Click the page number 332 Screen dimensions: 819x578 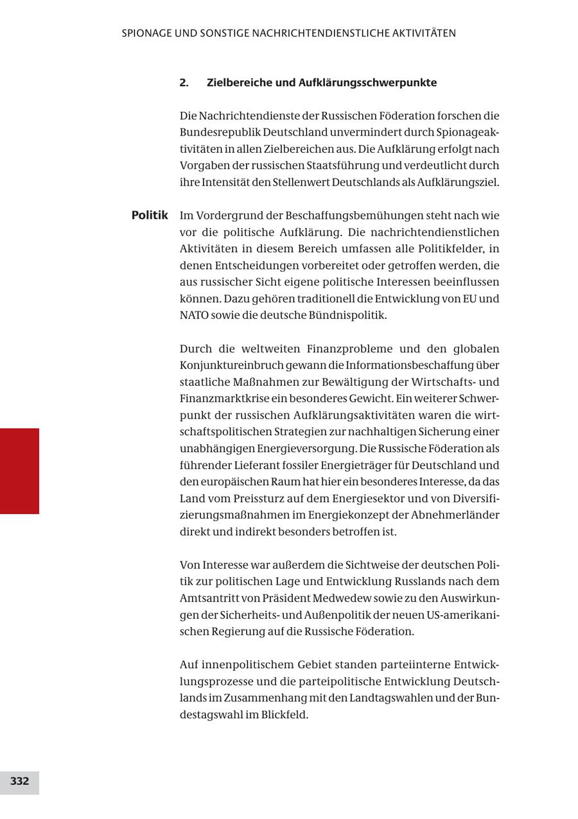pos(19,781)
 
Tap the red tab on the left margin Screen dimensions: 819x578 pos(19,470)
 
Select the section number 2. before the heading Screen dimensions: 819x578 pos(184,83)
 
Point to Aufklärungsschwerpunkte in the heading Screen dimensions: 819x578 pos(367,83)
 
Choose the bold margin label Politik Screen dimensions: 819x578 pos(150,215)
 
